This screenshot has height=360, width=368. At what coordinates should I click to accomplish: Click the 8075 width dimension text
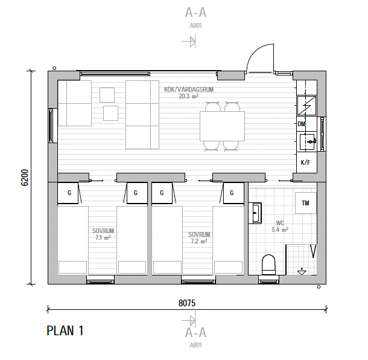(187, 303)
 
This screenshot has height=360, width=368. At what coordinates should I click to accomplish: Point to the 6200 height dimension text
(25, 178)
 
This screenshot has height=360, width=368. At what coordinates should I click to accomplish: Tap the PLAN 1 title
(65, 330)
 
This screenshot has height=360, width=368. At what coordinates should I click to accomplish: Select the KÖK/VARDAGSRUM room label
(189, 89)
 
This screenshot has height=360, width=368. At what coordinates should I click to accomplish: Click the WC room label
(280, 223)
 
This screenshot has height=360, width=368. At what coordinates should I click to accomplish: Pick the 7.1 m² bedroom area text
(103, 237)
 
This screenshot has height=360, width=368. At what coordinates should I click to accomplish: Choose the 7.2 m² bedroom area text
(199, 242)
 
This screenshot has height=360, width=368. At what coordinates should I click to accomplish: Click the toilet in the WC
(268, 265)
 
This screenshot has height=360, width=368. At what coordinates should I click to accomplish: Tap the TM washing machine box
(306, 203)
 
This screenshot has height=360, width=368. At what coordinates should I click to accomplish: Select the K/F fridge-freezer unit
(306, 162)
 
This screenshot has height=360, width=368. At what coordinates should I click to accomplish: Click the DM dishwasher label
(302, 124)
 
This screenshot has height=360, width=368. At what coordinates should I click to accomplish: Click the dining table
(222, 126)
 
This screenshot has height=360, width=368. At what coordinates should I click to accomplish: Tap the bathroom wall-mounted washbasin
(256, 213)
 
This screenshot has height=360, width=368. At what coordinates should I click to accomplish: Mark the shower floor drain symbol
(302, 272)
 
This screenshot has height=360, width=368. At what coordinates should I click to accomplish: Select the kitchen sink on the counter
(308, 142)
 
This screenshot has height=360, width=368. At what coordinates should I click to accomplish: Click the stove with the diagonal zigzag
(306, 106)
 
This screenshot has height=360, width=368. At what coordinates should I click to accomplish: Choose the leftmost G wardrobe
(68, 193)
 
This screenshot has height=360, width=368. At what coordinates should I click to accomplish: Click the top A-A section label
(195, 13)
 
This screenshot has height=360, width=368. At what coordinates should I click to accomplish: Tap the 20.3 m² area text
(189, 96)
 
